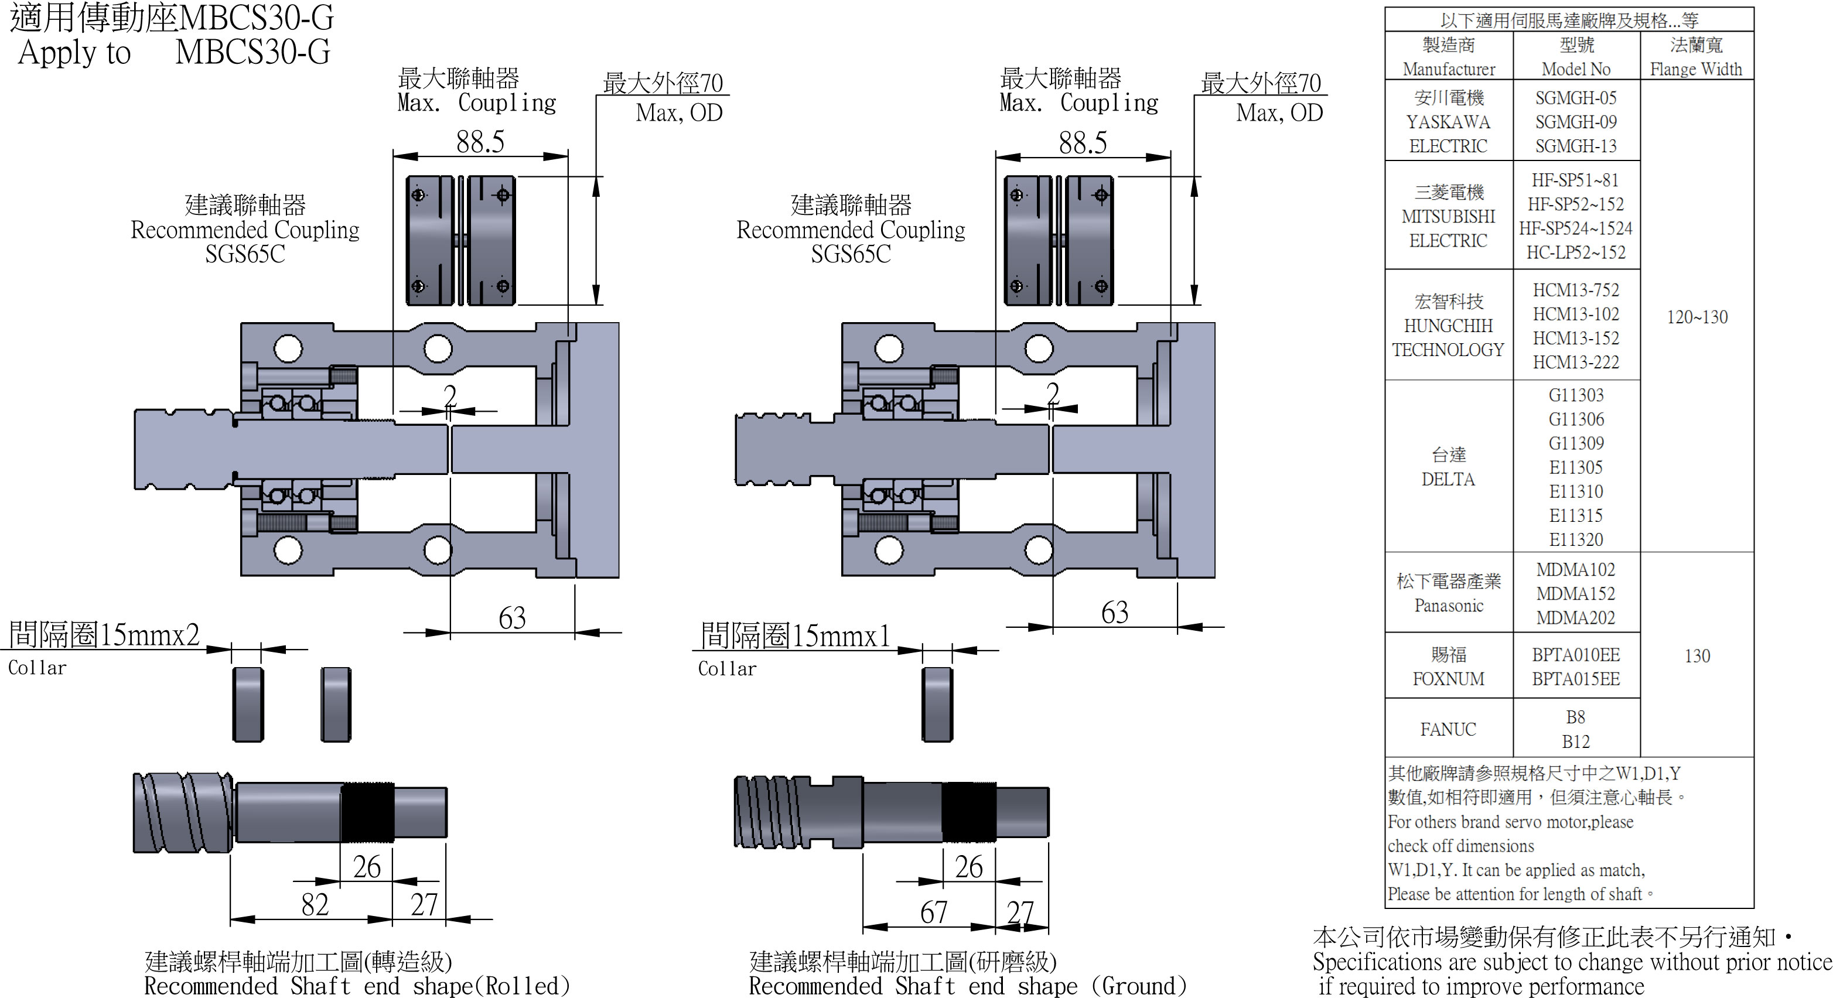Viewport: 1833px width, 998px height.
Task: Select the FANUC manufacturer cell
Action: point(1448,729)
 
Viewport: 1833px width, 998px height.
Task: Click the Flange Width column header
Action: point(1696,69)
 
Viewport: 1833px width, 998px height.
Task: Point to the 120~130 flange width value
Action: point(1697,317)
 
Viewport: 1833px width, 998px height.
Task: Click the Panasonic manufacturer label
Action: point(1448,606)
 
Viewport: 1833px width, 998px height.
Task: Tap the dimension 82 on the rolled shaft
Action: point(315,905)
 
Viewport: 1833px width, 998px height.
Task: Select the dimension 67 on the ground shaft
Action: point(934,912)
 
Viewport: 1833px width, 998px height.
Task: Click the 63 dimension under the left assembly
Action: point(511,617)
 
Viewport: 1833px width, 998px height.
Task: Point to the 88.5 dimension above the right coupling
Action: point(1083,143)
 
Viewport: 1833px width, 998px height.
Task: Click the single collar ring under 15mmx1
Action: point(937,704)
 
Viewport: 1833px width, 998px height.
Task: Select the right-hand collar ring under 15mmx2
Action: point(336,704)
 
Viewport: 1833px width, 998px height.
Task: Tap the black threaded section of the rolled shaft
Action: point(367,812)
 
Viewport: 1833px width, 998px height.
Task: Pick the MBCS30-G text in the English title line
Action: point(252,52)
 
